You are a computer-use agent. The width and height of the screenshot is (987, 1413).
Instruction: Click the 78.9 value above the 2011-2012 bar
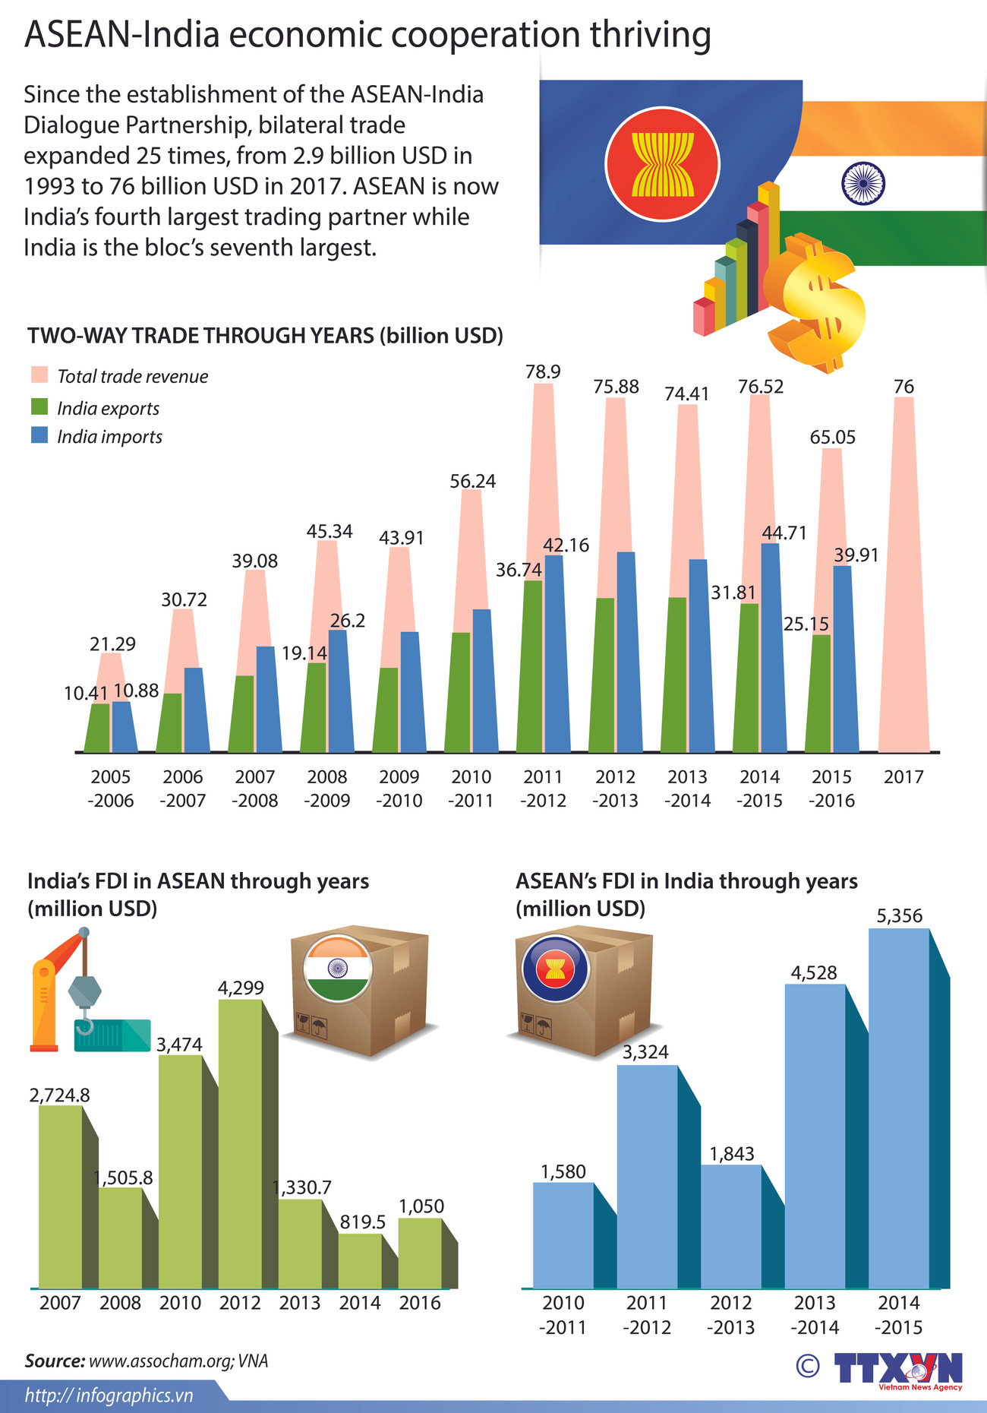pos(543,371)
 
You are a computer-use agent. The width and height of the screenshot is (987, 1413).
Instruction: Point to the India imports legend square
pos(39,435)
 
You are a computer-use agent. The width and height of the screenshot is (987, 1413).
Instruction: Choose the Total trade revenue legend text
pos(132,376)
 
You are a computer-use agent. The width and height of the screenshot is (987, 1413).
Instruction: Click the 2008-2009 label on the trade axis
pos(327,788)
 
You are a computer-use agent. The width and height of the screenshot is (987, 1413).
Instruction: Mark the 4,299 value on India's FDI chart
pos(241,988)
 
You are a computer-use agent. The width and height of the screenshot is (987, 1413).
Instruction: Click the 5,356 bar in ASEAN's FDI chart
pos(899,1109)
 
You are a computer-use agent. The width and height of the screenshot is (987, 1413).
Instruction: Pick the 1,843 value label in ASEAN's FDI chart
pos(732,1154)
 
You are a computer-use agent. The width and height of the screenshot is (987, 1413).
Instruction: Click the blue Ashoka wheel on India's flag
pos(863,183)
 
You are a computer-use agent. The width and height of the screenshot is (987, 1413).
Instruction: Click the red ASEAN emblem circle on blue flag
pos(662,164)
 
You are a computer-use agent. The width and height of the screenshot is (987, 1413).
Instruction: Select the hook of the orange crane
pos(84,1026)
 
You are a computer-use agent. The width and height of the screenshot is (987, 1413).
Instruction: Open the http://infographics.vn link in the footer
pos(109,1395)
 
